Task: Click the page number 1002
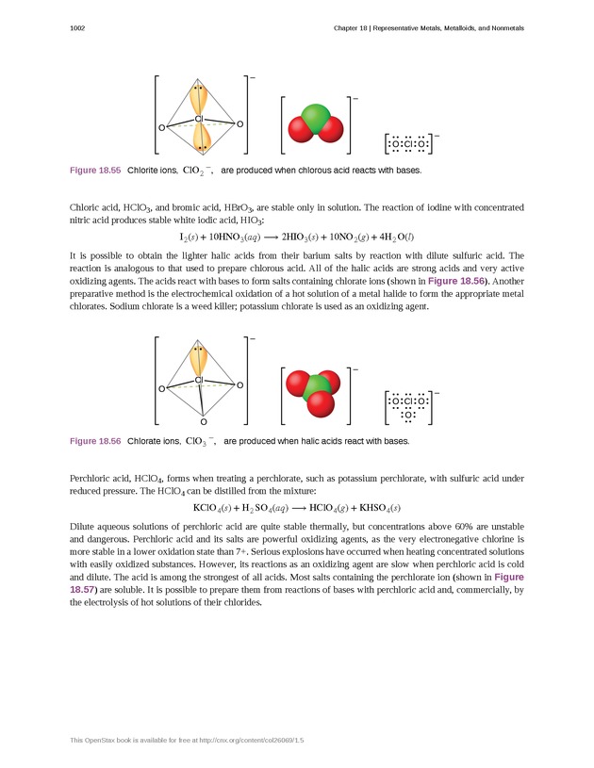tap(78, 28)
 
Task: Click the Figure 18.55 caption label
tap(95, 171)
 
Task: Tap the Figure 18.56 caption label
tap(95, 440)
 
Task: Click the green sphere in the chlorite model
tap(316, 119)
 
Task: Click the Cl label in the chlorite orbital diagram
tap(199, 119)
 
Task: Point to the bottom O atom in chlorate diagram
tap(203, 422)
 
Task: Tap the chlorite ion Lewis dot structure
tap(408, 144)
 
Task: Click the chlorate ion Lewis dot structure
tap(409, 406)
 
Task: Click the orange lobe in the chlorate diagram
tap(198, 360)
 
